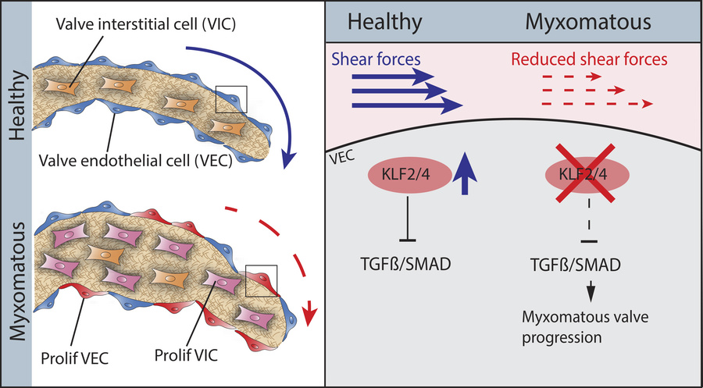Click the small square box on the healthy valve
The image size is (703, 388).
(232, 99)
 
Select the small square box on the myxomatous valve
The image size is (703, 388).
(260, 280)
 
